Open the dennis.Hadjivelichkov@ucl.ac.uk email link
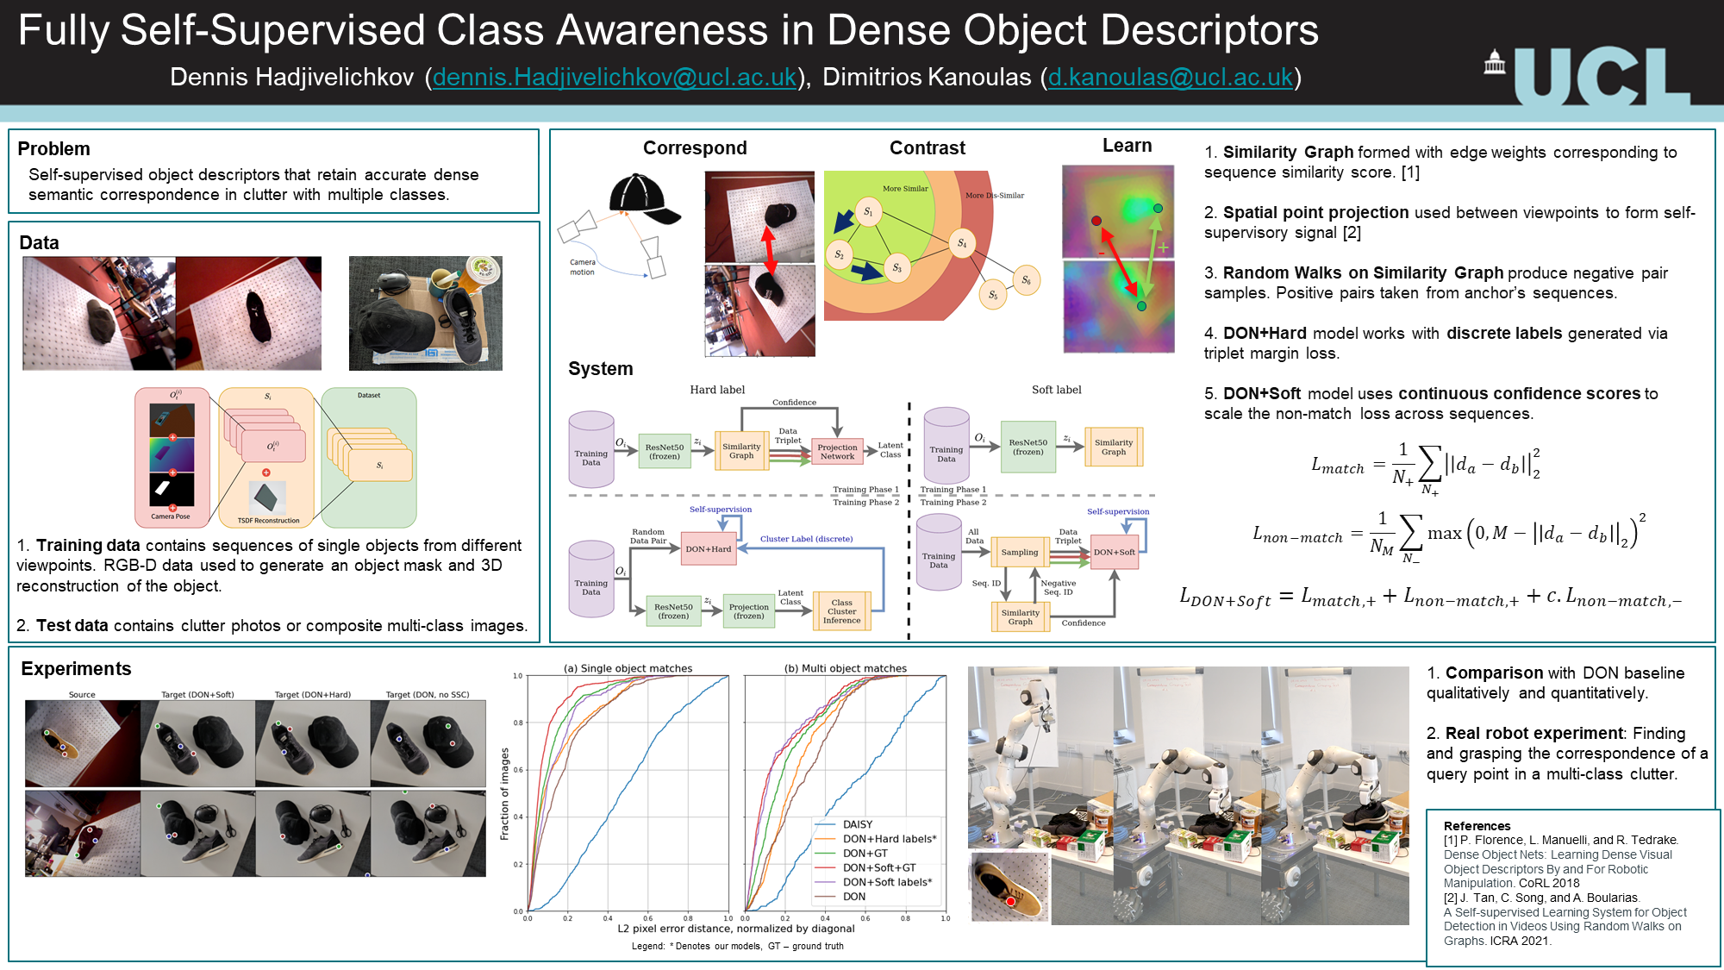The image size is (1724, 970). pyautogui.click(x=615, y=78)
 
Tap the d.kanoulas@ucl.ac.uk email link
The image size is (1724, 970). pyautogui.click(x=1170, y=78)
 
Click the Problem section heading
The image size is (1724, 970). pyautogui.click(x=53, y=148)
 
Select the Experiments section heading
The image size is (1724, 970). pyautogui.click(x=76, y=669)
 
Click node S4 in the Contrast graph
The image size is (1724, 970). pyautogui.click(x=961, y=243)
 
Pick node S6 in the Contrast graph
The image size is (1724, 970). pyautogui.click(x=1026, y=280)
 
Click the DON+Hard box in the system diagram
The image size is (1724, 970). pyautogui.click(x=708, y=549)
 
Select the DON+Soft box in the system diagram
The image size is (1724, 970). pyautogui.click(x=1115, y=553)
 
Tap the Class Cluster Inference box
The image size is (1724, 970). pyautogui.click(x=841, y=611)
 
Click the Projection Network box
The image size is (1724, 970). pyautogui.click(x=837, y=452)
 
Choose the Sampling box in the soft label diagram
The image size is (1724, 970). pyautogui.click(x=1020, y=553)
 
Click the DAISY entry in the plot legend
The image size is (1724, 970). pyautogui.click(x=857, y=825)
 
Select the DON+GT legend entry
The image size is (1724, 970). pyautogui.click(x=865, y=854)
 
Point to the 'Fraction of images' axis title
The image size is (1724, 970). pyautogui.click(x=505, y=793)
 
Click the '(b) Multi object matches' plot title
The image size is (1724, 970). pyautogui.click(x=845, y=668)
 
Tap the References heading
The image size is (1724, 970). pyautogui.click(x=1477, y=826)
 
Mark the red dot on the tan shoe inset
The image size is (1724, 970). pyautogui.click(x=1010, y=901)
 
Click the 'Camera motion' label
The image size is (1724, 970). pyautogui.click(x=582, y=267)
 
